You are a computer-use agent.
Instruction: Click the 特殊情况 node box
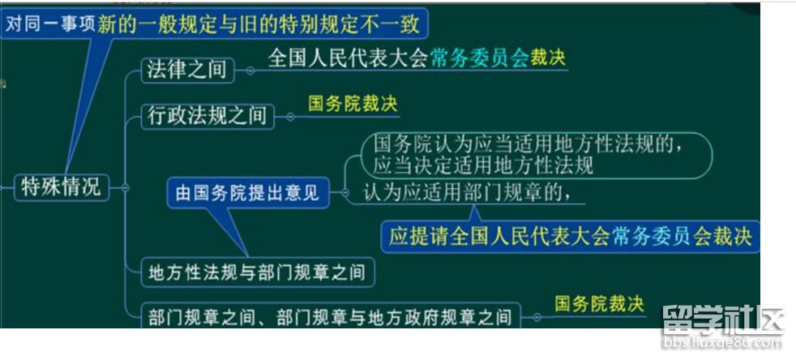[62, 187]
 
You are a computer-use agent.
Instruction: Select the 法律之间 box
[187, 70]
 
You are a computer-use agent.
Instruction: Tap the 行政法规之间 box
[208, 117]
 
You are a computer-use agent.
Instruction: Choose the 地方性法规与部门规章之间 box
[258, 272]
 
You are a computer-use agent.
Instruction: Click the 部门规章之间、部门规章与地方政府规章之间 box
[331, 317]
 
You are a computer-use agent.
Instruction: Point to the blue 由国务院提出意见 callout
[248, 192]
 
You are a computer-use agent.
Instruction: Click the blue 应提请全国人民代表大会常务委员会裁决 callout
[570, 237]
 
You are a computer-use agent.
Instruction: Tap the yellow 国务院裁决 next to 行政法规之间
[353, 104]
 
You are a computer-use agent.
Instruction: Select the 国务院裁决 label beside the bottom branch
[599, 305]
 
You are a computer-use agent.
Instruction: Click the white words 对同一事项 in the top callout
[50, 24]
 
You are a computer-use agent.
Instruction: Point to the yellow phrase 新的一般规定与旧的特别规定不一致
[259, 24]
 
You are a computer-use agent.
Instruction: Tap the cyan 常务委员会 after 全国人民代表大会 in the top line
[480, 58]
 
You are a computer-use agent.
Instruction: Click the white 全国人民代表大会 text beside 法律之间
[349, 58]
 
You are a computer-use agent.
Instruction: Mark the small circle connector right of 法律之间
[250, 71]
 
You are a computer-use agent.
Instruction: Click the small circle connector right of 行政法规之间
[290, 117]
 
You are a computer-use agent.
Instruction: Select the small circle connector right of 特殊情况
[126, 188]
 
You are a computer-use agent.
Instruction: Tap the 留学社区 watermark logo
[723, 319]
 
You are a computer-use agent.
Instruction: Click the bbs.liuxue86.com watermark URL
[723, 342]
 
